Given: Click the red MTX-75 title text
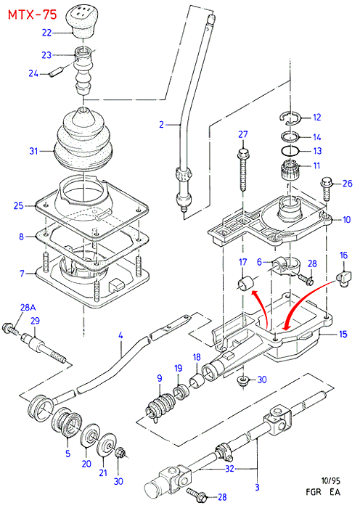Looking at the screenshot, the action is [33, 15].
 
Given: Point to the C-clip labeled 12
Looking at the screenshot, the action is [291, 118].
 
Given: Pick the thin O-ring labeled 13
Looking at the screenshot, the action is [290, 151].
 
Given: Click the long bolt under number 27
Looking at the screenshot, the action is [244, 170].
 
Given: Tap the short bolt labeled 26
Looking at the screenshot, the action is [326, 188].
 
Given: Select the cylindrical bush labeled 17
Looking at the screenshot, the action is [245, 283].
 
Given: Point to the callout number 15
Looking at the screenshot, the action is [343, 334].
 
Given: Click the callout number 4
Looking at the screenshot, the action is [120, 335].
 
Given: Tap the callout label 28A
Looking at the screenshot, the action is [28, 307].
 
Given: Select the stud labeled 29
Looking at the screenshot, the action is [44, 348].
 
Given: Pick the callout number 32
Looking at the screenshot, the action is [229, 469].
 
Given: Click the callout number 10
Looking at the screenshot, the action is [346, 219].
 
